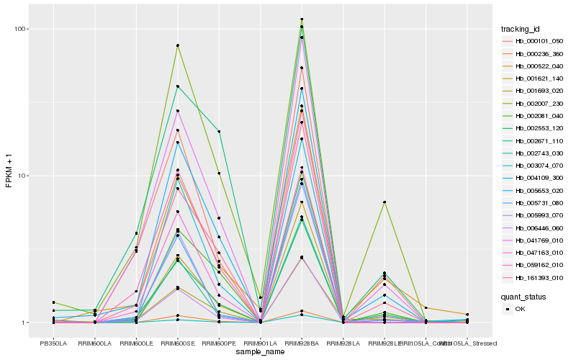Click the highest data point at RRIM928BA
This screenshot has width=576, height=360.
pyautogui.click(x=302, y=19)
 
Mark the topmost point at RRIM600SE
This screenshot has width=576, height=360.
pyautogui.click(x=177, y=45)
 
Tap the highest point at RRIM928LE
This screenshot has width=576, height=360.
pyautogui.click(x=384, y=202)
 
